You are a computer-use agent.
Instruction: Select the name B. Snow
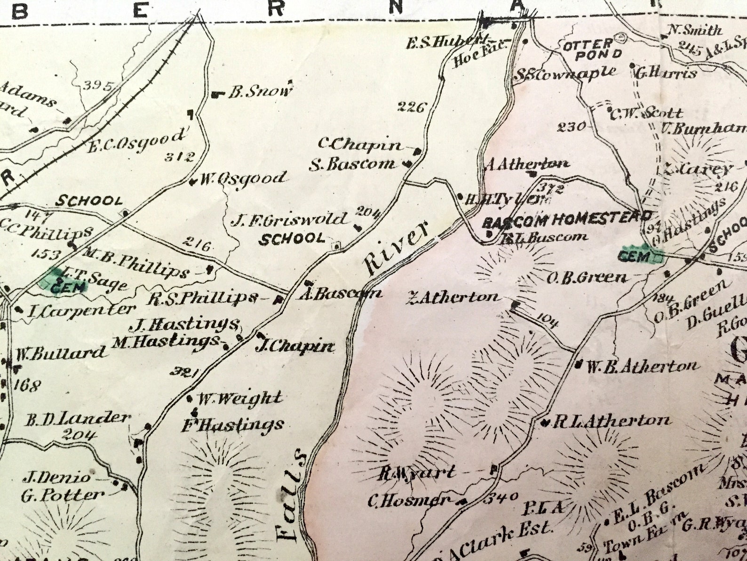pyautogui.click(x=260, y=91)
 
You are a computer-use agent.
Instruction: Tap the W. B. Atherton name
pyautogui.click(x=642, y=366)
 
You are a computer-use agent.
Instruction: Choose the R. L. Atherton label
pyautogui.click(x=611, y=420)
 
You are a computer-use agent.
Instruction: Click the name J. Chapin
pyautogui.click(x=294, y=347)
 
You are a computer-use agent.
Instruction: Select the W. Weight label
pyautogui.click(x=239, y=398)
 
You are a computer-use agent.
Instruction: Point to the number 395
pyautogui.click(x=98, y=86)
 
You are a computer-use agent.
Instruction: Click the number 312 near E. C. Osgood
pyautogui.click(x=179, y=157)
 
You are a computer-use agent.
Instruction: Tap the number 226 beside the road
pyautogui.click(x=411, y=107)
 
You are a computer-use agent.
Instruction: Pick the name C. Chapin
pyautogui.click(x=360, y=145)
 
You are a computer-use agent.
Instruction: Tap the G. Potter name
pyautogui.click(x=63, y=495)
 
